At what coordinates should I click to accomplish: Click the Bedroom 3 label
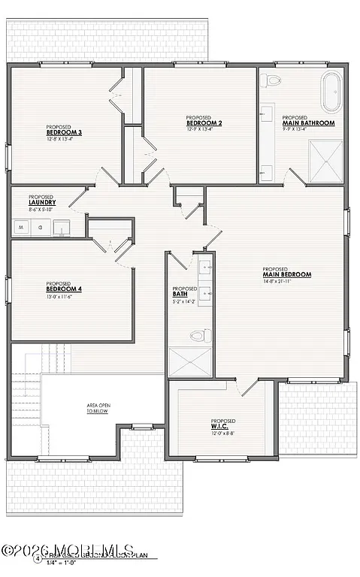coord(63,132)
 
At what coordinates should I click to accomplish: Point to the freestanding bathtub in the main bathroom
coord(331,92)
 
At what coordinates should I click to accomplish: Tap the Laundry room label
coord(43,202)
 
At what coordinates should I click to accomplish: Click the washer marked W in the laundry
coord(20,225)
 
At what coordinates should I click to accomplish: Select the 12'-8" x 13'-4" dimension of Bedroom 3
coord(62,138)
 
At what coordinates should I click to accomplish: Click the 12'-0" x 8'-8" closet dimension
coord(223,434)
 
